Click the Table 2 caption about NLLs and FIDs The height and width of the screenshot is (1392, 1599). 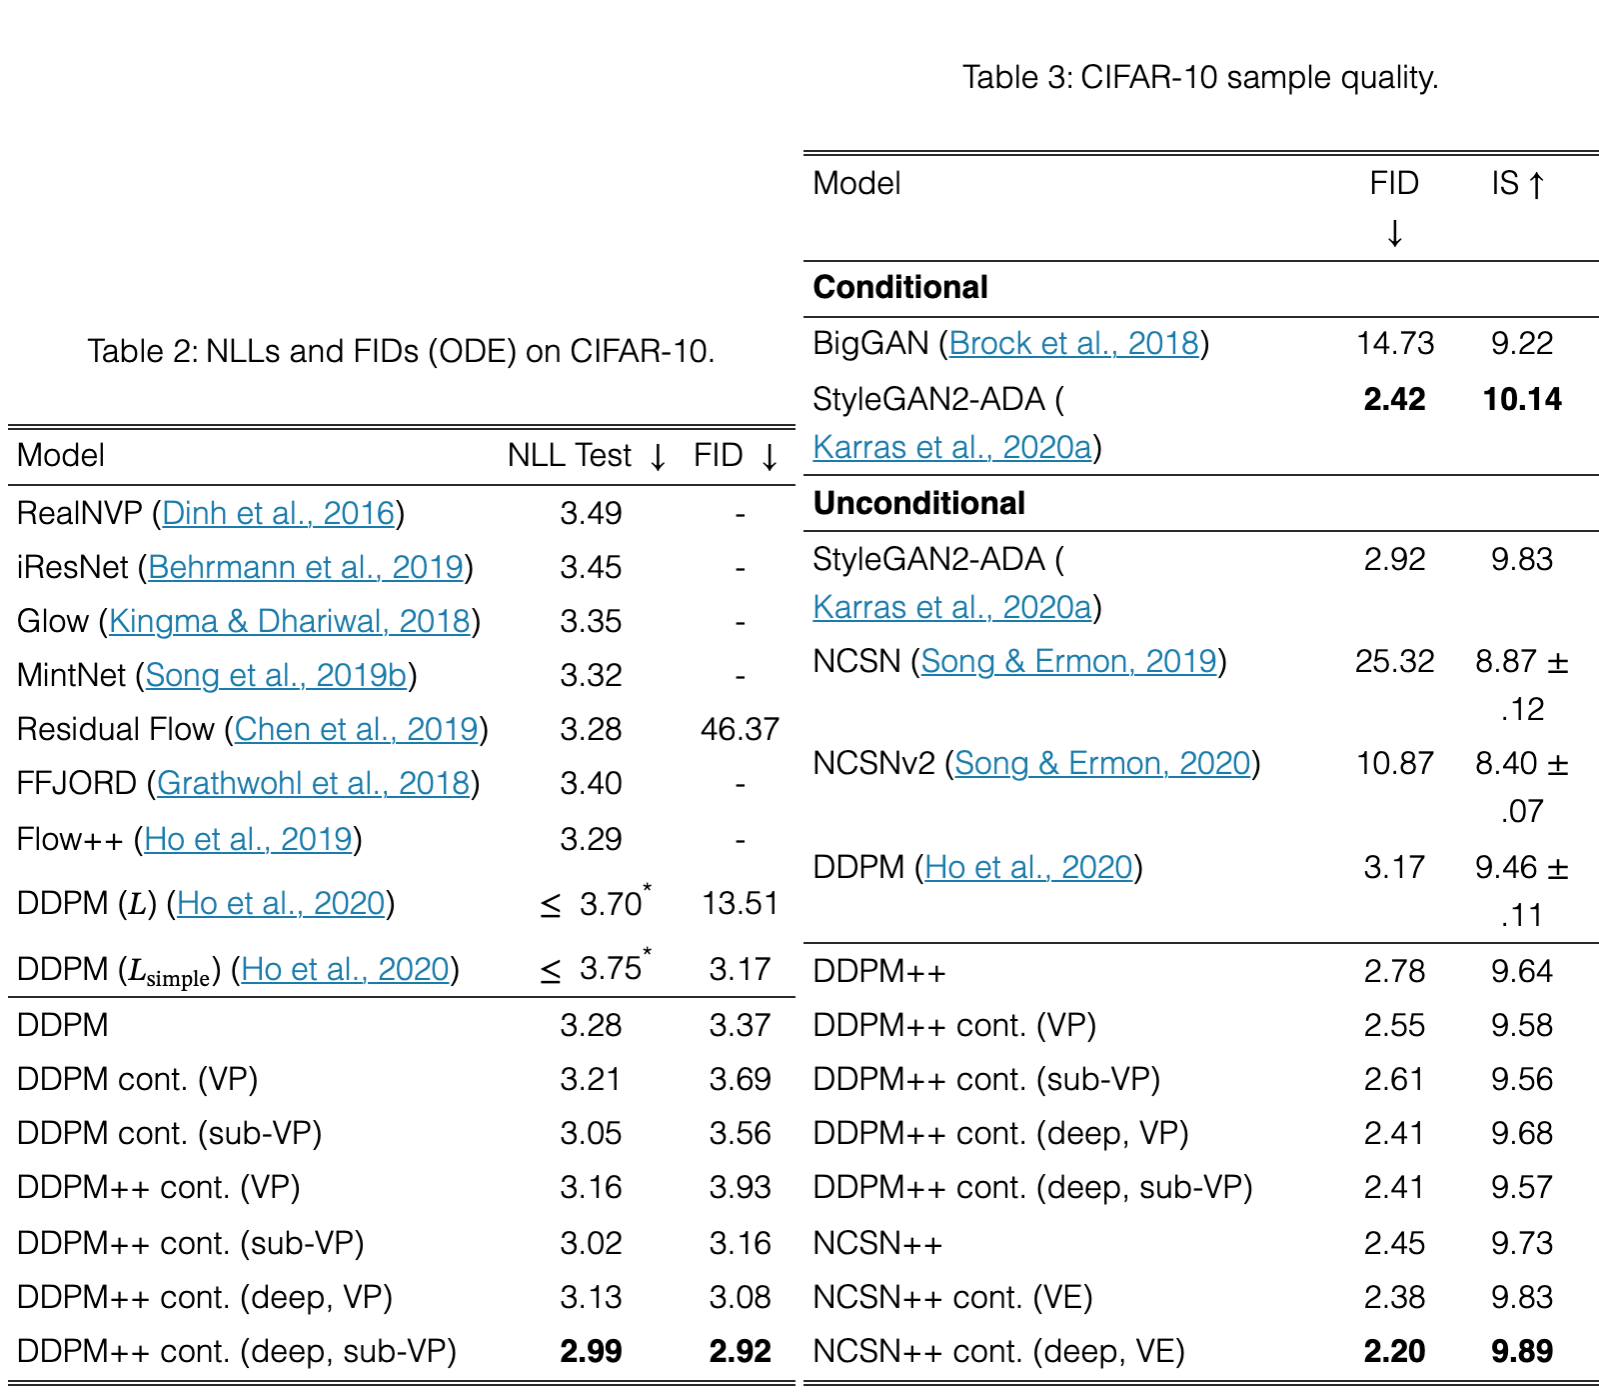click(x=401, y=351)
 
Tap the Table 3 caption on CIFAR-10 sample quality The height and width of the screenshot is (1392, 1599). click(x=1200, y=77)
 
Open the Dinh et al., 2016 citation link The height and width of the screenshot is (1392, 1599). click(x=279, y=513)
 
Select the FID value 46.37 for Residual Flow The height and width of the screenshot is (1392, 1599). click(x=740, y=729)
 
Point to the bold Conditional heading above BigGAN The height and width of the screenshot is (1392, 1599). click(x=900, y=287)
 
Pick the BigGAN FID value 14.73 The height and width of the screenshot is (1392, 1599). click(x=1395, y=343)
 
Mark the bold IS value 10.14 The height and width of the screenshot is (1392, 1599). click(x=1522, y=399)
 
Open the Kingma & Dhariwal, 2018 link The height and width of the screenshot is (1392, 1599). click(x=290, y=621)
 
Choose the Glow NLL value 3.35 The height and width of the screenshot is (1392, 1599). click(x=591, y=621)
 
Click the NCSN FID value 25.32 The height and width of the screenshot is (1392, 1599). click(x=1395, y=661)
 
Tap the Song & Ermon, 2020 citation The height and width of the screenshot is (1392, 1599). click(x=1103, y=763)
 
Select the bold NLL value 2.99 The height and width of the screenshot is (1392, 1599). click(x=591, y=1351)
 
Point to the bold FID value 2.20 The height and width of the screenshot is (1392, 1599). click(x=1395, y=1351)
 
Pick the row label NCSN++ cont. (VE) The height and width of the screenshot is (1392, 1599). click(x=953, y=1297)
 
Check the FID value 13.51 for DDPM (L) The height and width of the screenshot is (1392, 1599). click(x=740, y=903)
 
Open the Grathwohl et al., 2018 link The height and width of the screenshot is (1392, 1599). click(x=314, y=783)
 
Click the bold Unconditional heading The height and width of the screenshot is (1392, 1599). click(x=919, y=503)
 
